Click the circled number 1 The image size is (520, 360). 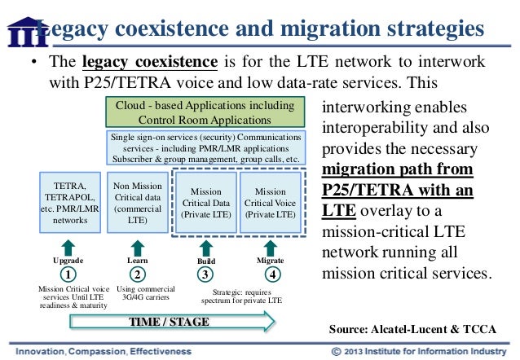pos(69,274)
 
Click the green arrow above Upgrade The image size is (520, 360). pos(69,246)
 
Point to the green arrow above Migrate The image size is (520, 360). pos(273,246)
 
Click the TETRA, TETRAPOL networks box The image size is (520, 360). pos(69,202)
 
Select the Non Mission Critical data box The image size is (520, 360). pos(138,202)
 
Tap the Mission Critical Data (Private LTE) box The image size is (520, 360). pos(205,202)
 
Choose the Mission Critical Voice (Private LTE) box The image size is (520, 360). pos(270,202)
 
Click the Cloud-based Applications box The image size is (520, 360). pos(204,112)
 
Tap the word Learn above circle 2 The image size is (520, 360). pos(138,260)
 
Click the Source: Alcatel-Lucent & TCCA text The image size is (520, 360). pos(412,328)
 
